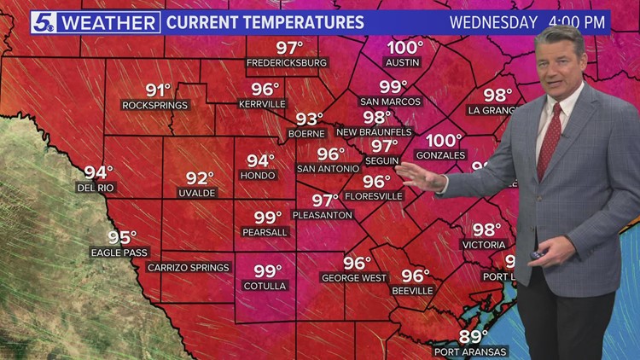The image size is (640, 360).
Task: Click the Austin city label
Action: [x=405, y=63]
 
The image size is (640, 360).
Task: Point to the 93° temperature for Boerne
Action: [x=310, y=119]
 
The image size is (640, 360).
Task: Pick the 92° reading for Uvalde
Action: [x=201, y=178]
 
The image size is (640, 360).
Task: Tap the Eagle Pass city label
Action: [x=119, y=253]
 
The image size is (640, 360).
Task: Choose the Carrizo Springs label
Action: [x=189, y=268]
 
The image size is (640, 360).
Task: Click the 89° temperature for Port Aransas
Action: [x=474, y=336]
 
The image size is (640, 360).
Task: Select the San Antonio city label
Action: [x=329, y=169]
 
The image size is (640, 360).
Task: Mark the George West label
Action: [x=355, y=277]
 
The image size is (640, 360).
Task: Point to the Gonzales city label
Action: [x=441, y=155]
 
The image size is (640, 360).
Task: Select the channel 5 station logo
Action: [x=44, y=22]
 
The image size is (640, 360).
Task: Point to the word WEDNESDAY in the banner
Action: [x=494, y=22]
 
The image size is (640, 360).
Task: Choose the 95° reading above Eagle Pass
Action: [x=122, y=238]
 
